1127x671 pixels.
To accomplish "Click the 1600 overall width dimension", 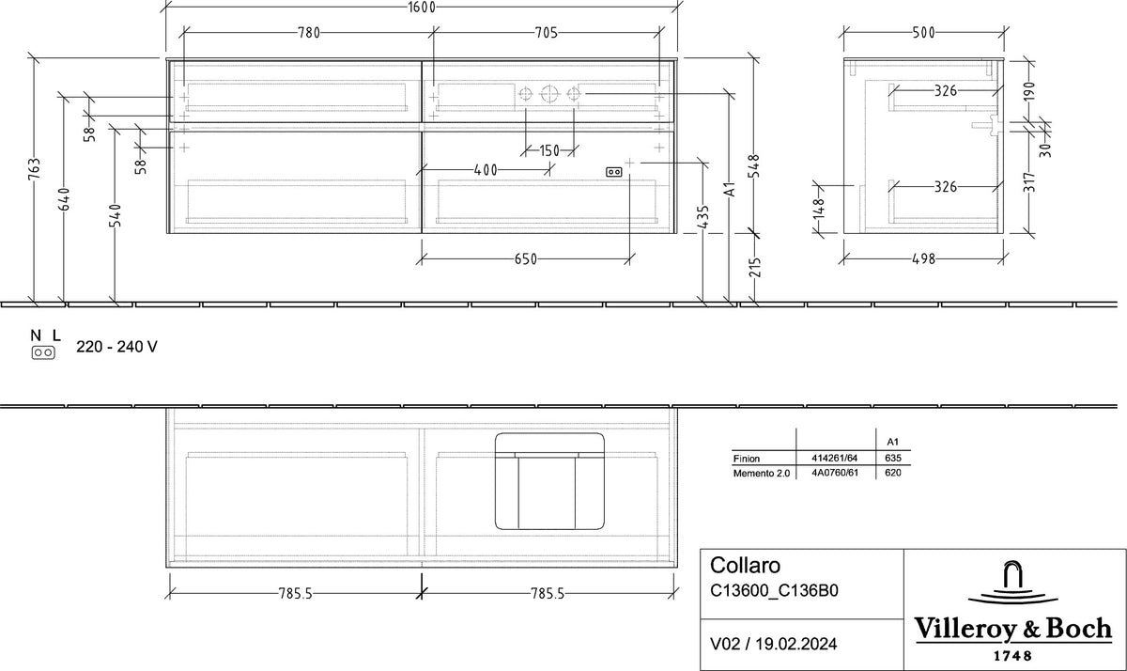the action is click(x=422, y=7).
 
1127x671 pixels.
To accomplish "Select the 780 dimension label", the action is click(x=308, y=33).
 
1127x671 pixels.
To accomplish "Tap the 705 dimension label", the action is click(x=546, y=33).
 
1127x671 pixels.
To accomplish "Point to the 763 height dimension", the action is click(x=34, y=170).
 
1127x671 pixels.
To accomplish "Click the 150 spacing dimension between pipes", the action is click(x=548, y=150).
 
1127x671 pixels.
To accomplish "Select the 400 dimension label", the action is click(x=486, y=170).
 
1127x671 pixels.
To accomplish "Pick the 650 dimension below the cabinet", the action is click(x=526, y=259).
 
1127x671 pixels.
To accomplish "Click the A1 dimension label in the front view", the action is click(x=730, y=189).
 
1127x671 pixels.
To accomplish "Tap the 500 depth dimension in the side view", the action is click(x=924, y=33).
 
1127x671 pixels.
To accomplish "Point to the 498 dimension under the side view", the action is click(x=924, y=259).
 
